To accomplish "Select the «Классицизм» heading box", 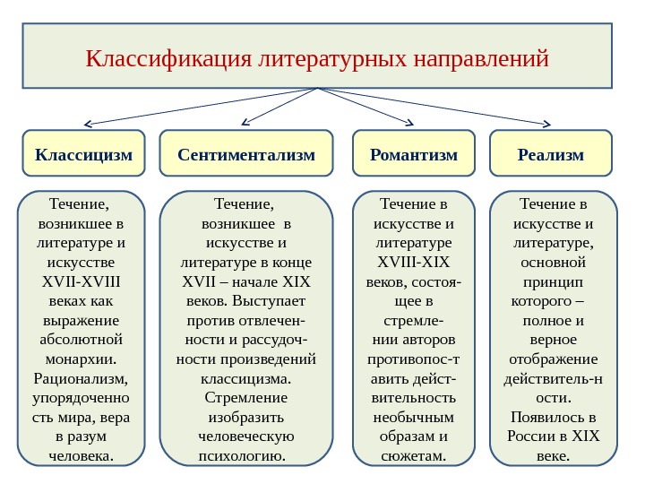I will click(x=83, y=154).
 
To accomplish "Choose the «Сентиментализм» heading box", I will click(x=246, y=154).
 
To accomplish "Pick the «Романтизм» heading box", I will click(x=414, y=154).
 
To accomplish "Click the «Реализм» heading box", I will click(x=551, y=154).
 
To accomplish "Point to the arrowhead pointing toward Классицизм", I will click(x=89, y=124).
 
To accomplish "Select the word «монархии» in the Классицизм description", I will click(x=82, y=359).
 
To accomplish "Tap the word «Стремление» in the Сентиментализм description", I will click(x=246, y=398).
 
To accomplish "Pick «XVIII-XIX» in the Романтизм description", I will click(x=413, y=262).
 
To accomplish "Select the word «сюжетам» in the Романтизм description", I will click(x=413, y=457).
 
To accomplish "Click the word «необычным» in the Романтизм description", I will click(x=413, y=418).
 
